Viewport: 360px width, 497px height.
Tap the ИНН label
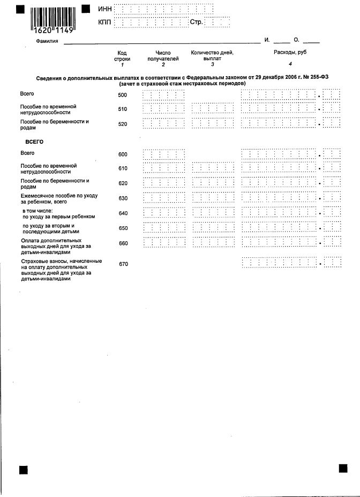coord(105,9)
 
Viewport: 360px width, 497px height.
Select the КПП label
coord(105,23)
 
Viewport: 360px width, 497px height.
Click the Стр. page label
coord(196,23)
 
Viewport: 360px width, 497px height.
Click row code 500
coord(123,95)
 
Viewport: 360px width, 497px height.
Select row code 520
coord(123,124)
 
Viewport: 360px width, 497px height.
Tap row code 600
coord(123,154)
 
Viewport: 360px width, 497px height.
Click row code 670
coord(123,264)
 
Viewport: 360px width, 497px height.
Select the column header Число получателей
coord(163,56)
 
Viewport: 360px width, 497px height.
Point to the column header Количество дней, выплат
coord(212,56)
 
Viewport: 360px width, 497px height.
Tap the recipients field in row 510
coord(164,109)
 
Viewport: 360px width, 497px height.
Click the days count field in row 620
coord(212,183)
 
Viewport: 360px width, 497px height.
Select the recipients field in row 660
coord(164,242)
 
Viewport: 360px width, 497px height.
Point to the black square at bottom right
coord(343,468)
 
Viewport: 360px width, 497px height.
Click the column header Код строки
coord(122,56)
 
